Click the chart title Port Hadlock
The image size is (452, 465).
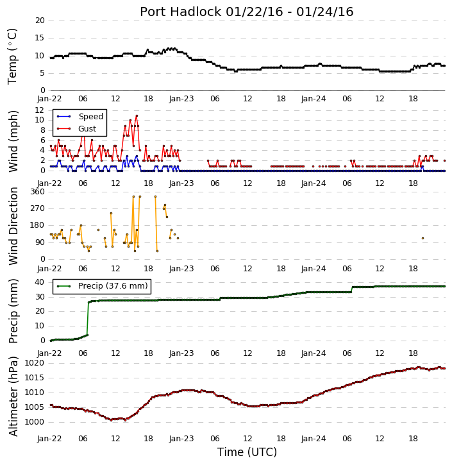coord(181,12)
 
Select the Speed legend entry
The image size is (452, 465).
coord(80,117)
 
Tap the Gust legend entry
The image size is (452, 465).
coord(76,129)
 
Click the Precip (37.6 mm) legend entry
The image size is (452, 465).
coord(102,286)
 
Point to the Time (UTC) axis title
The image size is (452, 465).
coord(247,452)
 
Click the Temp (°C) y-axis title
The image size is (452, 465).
coord(12,56)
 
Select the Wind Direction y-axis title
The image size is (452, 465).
coord(13,226)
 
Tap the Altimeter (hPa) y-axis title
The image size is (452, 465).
coord(13,397)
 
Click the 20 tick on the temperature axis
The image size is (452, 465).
coord(40,21)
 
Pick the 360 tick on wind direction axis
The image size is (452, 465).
coord(38,192)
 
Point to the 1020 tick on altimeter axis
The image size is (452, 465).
coord(35,363)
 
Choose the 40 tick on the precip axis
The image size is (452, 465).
coord(40,282)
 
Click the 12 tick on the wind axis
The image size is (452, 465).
coord(40,110)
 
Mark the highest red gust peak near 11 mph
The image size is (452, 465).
coord(137,115)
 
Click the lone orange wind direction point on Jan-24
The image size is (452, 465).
coord(423,238)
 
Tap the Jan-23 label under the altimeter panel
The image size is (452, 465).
coord(181,439)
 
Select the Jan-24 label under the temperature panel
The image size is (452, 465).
coord(314,99)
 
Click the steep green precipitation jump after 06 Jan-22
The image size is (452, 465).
coord(88,319)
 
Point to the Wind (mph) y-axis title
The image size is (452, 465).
coord(13,141)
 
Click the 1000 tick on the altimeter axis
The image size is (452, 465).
coord(35,422)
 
